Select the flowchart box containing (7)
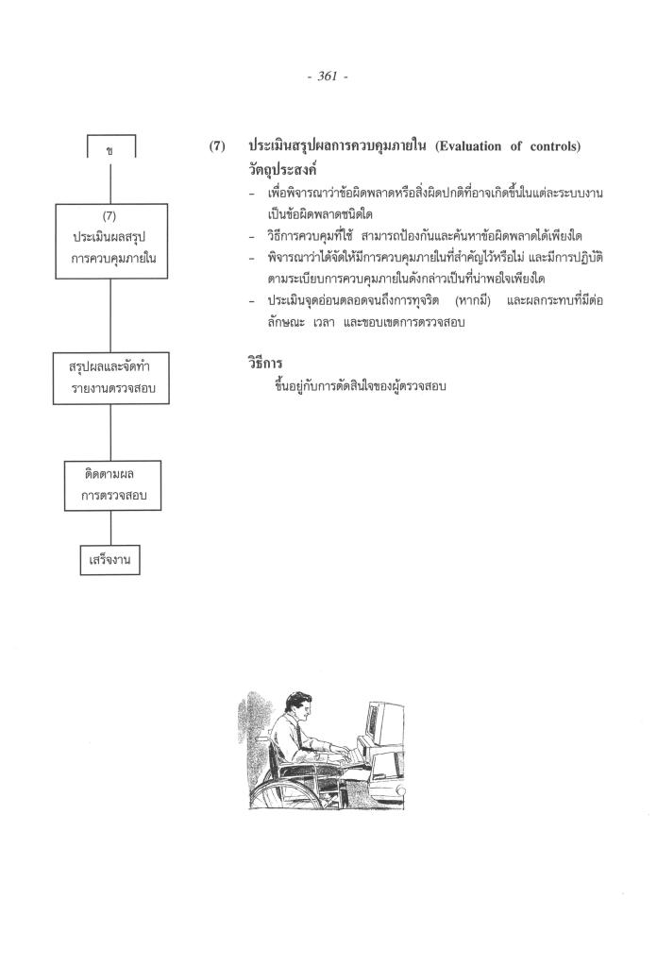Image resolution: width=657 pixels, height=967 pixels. click(x=111, y=241)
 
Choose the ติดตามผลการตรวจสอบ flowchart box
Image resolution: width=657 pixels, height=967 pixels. click(x=112, y=483)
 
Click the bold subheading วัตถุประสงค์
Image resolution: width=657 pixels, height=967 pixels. click(x=280, y=171)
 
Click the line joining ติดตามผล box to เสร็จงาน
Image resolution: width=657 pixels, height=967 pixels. click(x=111, y=524)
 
